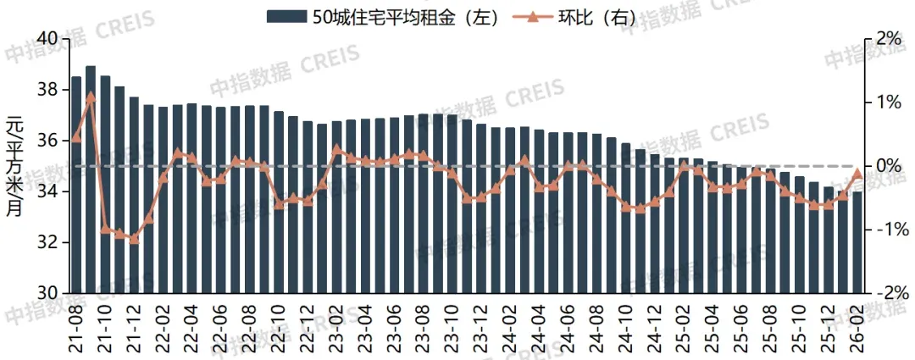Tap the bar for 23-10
coord(452,203)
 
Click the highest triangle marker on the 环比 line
coord(91,97)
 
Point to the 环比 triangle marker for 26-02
coord(858,174)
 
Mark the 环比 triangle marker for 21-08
coord(76,137)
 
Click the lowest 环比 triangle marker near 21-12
coord(134,239)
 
